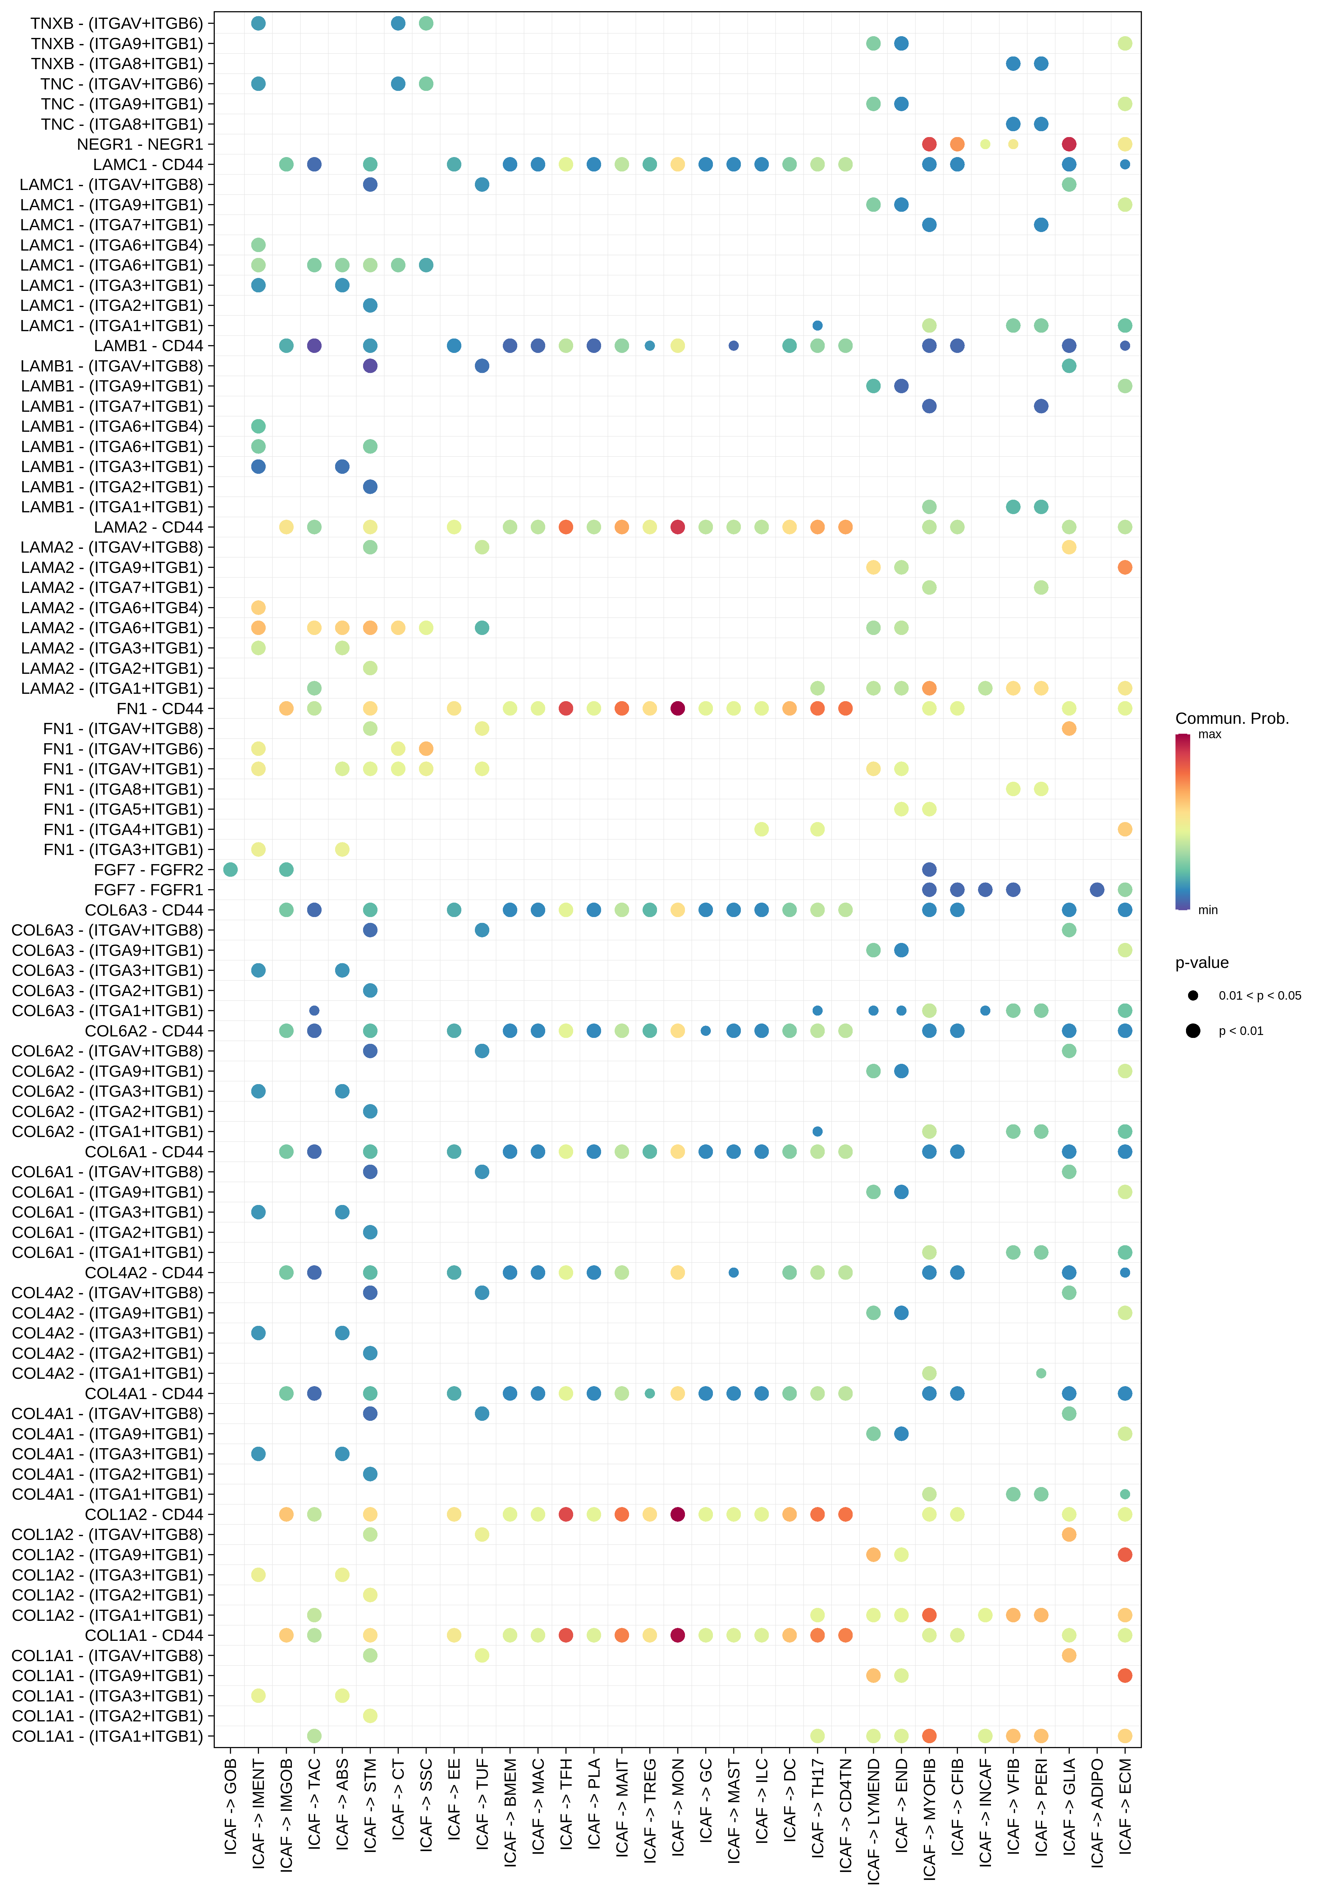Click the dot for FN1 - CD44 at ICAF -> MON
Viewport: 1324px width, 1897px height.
678,708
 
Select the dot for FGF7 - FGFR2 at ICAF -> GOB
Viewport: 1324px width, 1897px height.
231,869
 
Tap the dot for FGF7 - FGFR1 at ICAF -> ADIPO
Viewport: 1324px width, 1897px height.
1097,890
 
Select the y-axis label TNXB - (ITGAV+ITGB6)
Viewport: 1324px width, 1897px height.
117,23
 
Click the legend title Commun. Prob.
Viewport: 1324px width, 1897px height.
1231,718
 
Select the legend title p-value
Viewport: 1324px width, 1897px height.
1202,963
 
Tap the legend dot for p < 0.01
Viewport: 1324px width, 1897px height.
1192,1030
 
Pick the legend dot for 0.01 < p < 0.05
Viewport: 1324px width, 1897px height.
1192,996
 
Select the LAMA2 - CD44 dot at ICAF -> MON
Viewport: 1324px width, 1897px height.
678,527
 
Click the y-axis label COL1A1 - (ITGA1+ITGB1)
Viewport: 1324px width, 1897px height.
107,1736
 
